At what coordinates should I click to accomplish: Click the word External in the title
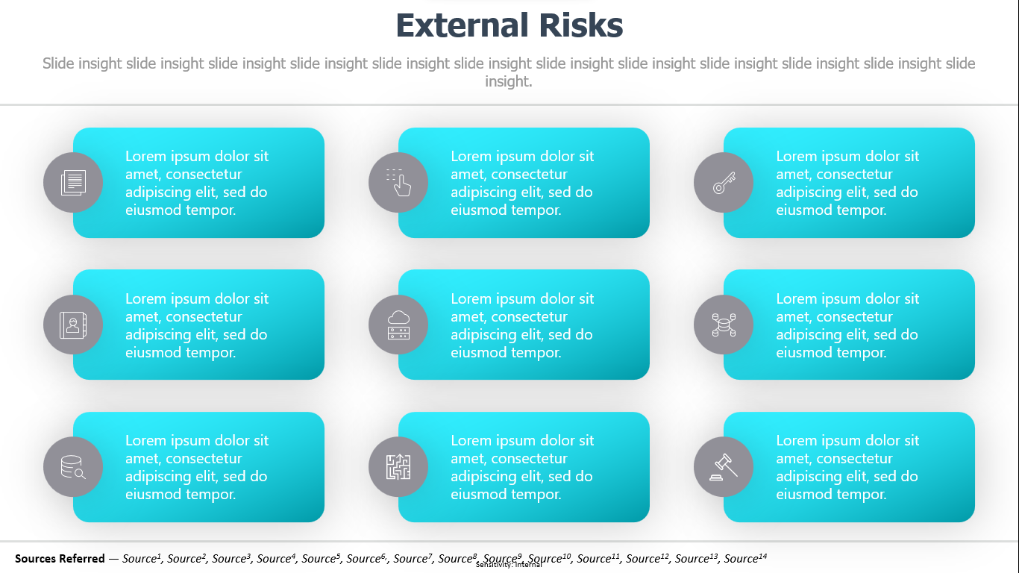tap(463, 25)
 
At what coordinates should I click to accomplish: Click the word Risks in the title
tap(581, 25)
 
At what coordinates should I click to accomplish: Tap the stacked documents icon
tap(73, 183)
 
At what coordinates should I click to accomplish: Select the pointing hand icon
tap(398, 183)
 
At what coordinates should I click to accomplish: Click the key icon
tap(724, 183)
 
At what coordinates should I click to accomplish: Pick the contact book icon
tap(73, 325)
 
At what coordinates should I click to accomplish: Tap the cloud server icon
tap(398, 325)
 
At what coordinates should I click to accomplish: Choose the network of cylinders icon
tap(724, 325)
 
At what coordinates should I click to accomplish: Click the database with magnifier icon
tap(73, 467)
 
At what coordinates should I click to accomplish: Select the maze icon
tap(398, 467)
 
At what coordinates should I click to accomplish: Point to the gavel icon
tap(724, 467)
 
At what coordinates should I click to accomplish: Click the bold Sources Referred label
tap(60, 558)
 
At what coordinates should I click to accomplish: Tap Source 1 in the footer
tap(142, 558)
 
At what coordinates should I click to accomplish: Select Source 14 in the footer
tap(745, 558)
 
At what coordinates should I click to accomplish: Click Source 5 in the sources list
tap(322, 558)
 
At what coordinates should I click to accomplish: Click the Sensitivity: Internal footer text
tap(509, 565)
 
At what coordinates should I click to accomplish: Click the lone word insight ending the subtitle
tap(509, 81)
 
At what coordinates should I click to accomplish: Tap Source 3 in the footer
tap(231, 558)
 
